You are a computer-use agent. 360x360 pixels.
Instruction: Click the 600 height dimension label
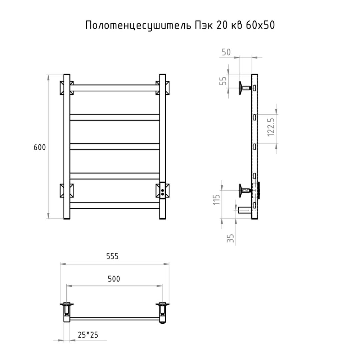[40, 147]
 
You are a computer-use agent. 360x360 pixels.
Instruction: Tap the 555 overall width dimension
[112, 256]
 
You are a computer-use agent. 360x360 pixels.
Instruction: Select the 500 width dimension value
[114, 279]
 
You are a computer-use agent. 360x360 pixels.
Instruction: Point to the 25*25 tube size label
[88, 335]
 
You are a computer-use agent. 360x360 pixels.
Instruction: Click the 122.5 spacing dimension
[271, 127]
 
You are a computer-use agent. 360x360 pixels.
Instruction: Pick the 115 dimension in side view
[217, 200]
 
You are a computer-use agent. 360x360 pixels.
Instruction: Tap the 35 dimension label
[230, 238]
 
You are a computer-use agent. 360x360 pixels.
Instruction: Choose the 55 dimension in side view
[223, 81]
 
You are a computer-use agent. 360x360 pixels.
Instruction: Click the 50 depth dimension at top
[226, 52]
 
